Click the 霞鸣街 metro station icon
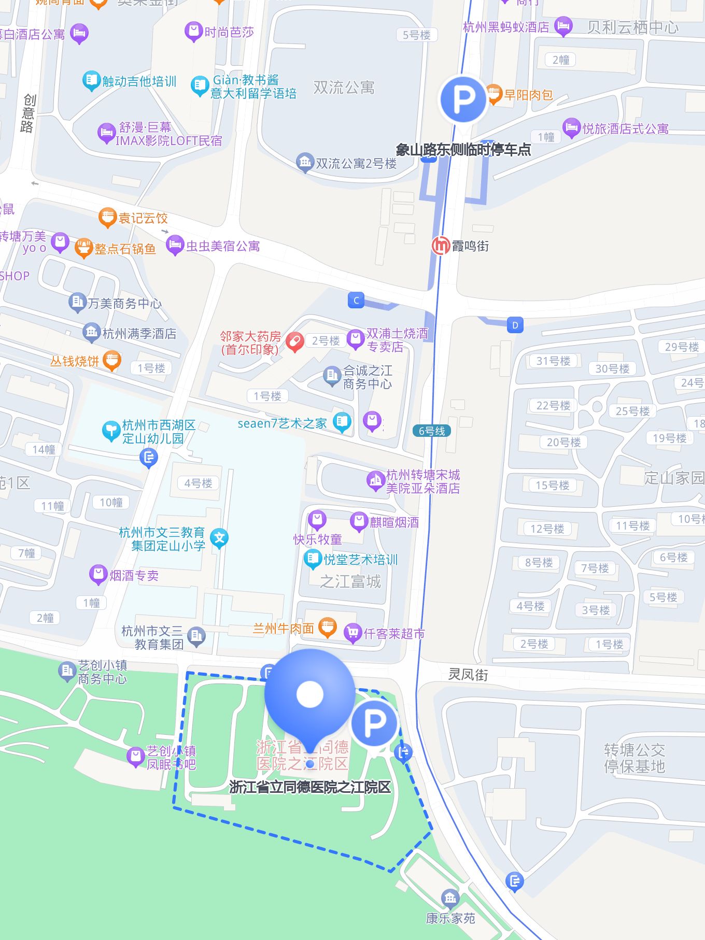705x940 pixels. tap(441, 245)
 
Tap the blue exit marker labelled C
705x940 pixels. tap(356, 300)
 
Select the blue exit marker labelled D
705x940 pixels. tap(515, 325)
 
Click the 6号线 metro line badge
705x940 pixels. tap(432, 431)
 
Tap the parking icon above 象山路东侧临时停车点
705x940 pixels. tap(463, 99)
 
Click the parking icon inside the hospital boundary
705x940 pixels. tap(374, 723)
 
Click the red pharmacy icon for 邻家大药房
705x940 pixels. tap(294, 342)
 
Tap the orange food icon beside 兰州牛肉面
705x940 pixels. tap(327, 628)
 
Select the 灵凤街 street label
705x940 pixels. tap(468, 674)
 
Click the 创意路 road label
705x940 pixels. tap(29, 113)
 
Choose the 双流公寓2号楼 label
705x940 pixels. tap(356, 164)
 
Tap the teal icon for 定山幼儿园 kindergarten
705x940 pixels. tap(111, 431)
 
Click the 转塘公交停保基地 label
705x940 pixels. tap(634, 758)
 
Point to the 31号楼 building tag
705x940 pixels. tap(553, 361)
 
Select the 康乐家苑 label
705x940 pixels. tap(450, 918)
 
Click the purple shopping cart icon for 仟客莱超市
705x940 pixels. tap(353, 633)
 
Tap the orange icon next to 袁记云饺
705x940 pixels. tap(107, 218)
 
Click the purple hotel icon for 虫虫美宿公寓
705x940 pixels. tap(175, 245)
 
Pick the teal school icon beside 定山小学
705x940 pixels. tap(219, 538)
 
